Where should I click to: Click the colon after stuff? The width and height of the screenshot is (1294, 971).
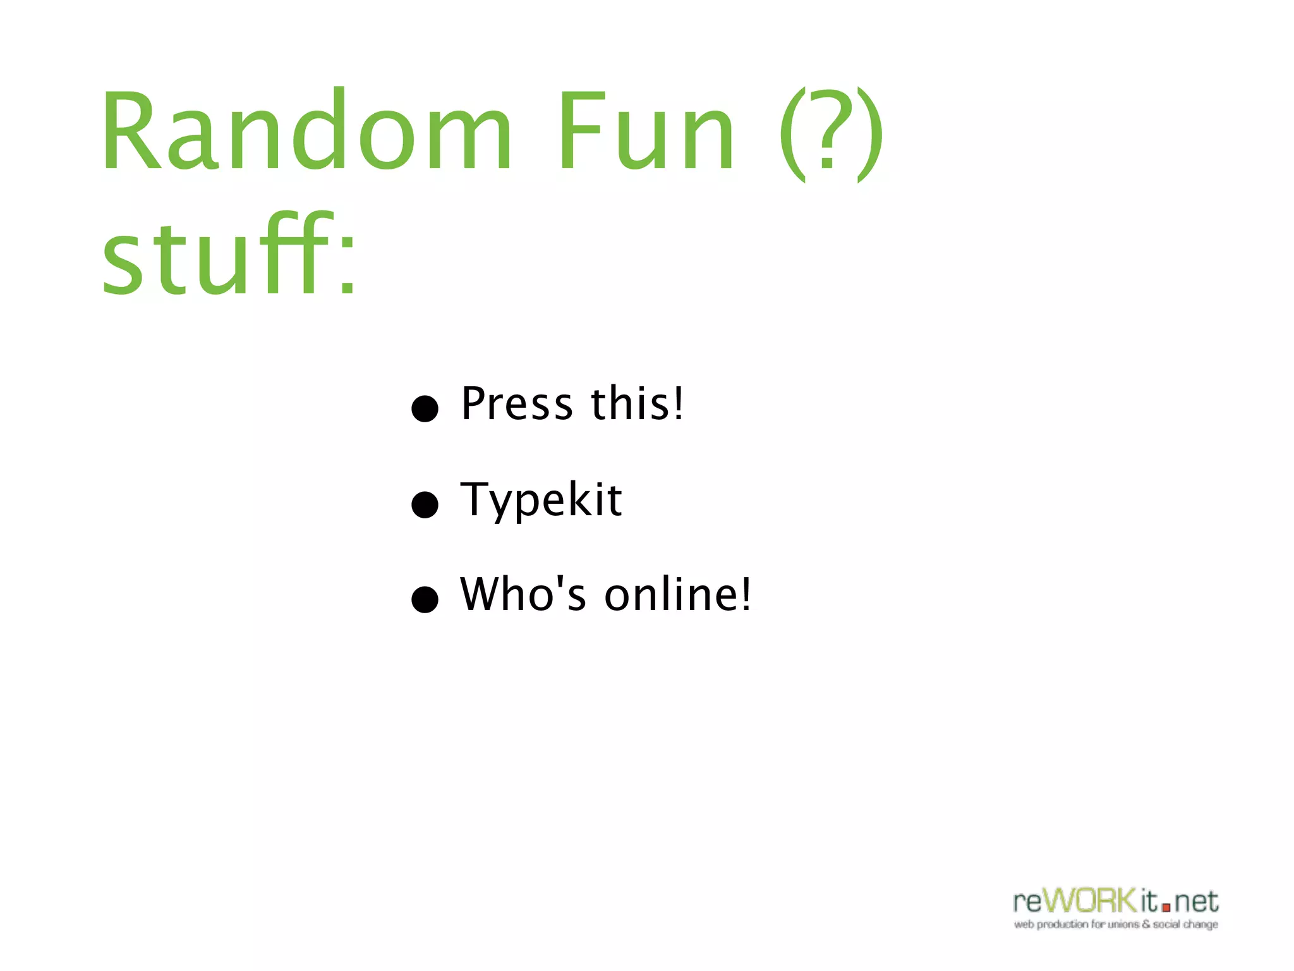click(347, 266)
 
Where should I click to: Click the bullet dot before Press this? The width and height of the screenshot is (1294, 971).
click(425, 408)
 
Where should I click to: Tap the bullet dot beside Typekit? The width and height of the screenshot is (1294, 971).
click(425, 504)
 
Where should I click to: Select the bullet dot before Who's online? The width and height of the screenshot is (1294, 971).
click(425, 599)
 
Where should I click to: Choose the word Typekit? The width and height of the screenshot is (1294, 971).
click(541, 501)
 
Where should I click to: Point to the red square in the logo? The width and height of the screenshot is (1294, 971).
click(1166, 907)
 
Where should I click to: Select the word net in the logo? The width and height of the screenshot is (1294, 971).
click(1196, 902)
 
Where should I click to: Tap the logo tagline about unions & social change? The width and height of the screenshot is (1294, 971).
click(1116, 925)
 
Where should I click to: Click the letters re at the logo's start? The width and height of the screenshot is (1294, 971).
click(1027, 902)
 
